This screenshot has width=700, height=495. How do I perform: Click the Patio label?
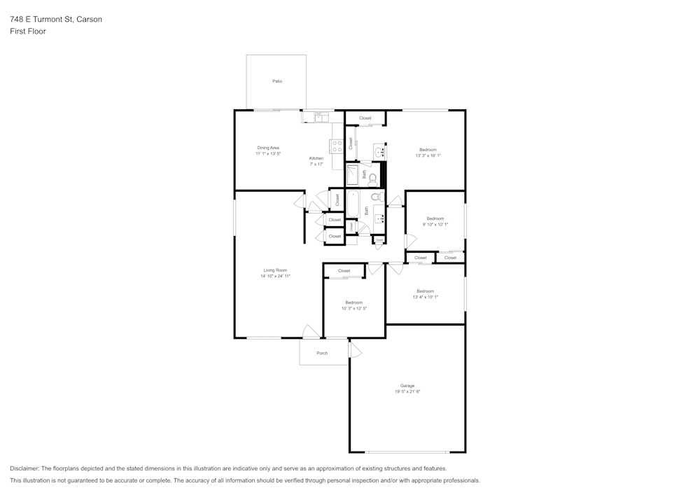[277, 81]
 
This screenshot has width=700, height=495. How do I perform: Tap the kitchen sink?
[321, 118]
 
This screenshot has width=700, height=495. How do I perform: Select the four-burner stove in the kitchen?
[337, 146]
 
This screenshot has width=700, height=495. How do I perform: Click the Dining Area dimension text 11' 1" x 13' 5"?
[268, 153]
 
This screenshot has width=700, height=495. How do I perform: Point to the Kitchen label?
[316, 158]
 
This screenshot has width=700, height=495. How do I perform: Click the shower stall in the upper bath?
[353, 174]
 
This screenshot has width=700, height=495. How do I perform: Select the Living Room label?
[275, 270]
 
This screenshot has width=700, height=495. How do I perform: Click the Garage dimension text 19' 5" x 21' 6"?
[407, 391]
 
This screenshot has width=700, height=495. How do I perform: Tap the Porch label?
[322, 353]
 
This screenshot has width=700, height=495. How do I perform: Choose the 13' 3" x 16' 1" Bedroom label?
[428, 150]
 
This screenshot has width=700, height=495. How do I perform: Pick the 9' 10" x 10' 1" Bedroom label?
[435, 218]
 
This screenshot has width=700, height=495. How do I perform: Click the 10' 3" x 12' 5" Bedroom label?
[353, 302]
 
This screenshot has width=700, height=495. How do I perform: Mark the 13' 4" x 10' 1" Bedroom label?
[425, 291]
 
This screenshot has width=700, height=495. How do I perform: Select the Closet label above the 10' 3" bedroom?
[344, 271]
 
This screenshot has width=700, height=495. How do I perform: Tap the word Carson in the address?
[90, 20]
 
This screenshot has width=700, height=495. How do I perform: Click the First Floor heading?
[28, 32]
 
